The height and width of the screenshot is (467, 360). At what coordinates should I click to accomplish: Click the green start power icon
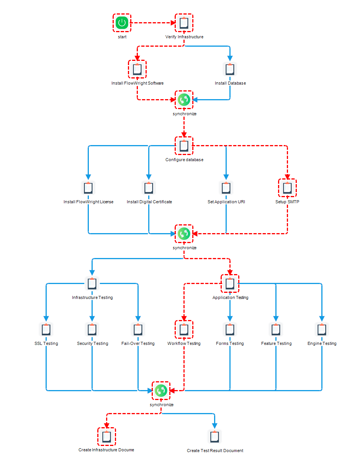(122, 23)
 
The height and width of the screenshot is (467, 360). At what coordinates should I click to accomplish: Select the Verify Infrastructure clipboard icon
(184, 23)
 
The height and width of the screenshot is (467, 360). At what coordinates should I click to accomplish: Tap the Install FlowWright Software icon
(137, 69)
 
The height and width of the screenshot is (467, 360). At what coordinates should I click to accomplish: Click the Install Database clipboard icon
(230, 69)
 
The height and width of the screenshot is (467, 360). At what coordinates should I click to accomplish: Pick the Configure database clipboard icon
(184, 145)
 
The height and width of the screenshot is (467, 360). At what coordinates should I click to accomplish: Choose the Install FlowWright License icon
(88, 188)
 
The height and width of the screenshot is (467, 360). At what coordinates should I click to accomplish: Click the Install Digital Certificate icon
(149, 188)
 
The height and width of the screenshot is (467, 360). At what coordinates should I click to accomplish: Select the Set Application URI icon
(226, 188)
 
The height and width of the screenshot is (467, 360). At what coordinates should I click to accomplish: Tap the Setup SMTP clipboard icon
(287, 188)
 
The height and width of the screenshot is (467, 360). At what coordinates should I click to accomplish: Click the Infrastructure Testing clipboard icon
(92, 283)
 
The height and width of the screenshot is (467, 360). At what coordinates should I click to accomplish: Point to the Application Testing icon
(230, 283)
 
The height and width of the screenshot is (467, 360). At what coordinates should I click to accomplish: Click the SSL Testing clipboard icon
(46, 329)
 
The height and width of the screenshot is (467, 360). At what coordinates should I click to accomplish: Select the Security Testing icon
(92, 329)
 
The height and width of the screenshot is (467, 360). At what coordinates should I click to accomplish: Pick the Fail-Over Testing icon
(138, 329)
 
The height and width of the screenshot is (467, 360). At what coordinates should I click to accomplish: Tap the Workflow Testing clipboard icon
(184, 329)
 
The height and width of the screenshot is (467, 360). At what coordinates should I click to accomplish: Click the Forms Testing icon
(230, 329)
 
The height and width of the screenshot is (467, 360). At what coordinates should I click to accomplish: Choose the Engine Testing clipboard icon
(322, 329)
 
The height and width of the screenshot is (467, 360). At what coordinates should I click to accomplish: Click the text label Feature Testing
(276, 343)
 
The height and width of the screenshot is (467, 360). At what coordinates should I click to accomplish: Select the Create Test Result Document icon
(214, 436)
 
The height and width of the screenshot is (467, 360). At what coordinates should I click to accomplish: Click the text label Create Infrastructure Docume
(106, 450)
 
